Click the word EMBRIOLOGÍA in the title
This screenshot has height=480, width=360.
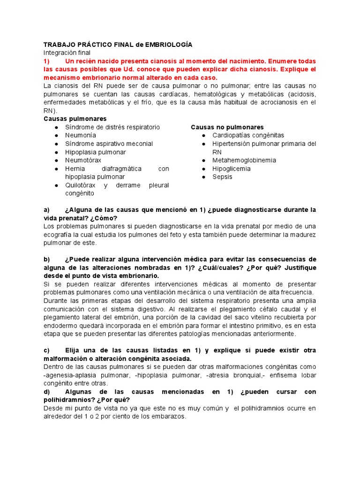[169, 45]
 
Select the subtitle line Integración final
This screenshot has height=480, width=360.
[67, 53]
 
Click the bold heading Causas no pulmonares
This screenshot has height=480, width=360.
[227, 127]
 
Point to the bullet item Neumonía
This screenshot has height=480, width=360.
[81, 135]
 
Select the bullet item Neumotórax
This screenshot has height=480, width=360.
[83, 160]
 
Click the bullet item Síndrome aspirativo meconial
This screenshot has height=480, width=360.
[109, 144]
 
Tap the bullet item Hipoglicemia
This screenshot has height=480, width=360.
[231, 169]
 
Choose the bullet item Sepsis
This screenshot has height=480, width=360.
[222, 177]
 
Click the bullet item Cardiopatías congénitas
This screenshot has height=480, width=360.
[248, 135]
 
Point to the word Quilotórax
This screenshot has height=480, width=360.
[80, 185]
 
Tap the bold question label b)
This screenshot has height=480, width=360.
[46, 259]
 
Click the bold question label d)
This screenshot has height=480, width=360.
[46, 391]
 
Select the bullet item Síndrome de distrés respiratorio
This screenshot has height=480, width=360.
[112, 127]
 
